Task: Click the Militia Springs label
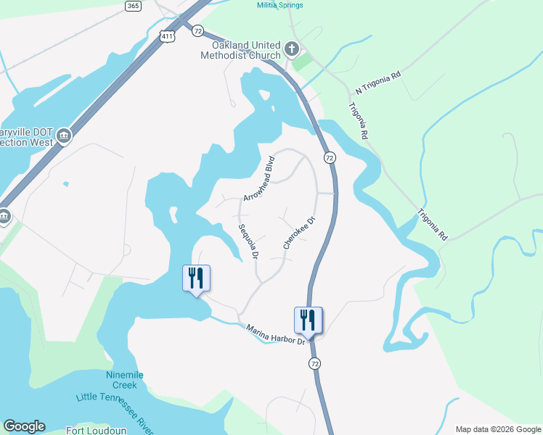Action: [x=280, y=5]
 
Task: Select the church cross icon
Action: [x=292, y=49]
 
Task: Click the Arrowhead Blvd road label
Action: [x=259, y=178]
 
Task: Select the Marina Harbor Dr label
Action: [x=275, y=335]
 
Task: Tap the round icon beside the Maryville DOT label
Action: [x=64, y=136]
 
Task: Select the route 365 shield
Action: [x=133, y=6]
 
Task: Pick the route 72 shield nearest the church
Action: [x=197, y=30]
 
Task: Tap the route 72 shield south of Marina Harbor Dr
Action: [x=314, y=362]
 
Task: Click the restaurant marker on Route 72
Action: [x=309, y=320]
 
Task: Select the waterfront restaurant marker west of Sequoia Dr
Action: [x=196, y=278]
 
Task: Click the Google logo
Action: [x=24, y=426]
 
